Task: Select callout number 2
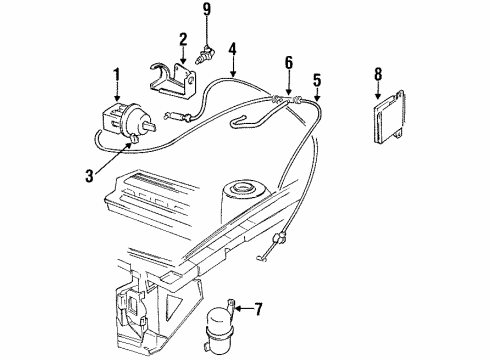click(183, 40)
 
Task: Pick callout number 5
click(318, 79)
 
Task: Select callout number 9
click(207, 11)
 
